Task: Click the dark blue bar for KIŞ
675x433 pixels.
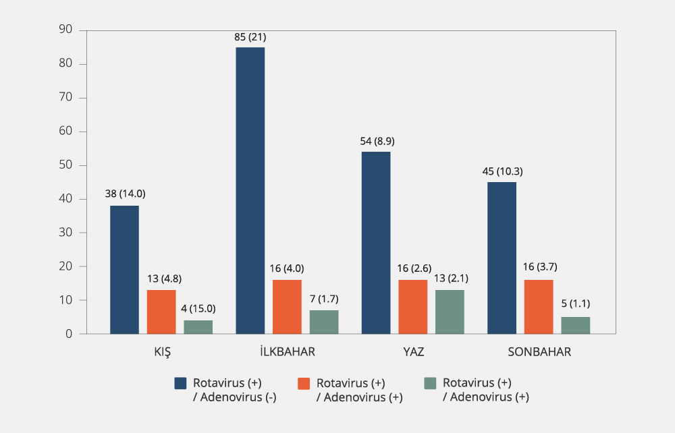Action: click(x=124, y=270)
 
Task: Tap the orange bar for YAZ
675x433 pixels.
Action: click(x=413, y=307)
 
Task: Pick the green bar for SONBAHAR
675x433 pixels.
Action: click(x=576, y=325)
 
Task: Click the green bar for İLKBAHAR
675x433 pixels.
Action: click(x=324, y=322)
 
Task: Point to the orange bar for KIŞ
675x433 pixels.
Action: click(x=161, y=312)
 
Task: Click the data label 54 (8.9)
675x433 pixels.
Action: click(x=376, y=141)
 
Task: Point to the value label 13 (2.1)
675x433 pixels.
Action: click(x=450, y=279)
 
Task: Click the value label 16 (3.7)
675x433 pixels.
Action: click(x=539, y=268)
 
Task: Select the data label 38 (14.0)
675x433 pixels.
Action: click(x=125, y=194)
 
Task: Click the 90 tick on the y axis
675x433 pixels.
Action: click(x=65, y=30)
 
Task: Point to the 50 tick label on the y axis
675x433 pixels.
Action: click(x=65, y=165)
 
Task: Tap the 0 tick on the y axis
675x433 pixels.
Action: click(x=69, y=334)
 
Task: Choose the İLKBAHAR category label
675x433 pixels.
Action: click(x=287, y=352)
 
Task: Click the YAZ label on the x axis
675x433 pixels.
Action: click(x=412, y=352)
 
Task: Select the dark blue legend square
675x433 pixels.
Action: click(x=180, y=383)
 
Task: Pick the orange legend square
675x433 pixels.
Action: click(x=304, y=383)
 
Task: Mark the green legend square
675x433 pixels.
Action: click(x=430, y=383)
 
